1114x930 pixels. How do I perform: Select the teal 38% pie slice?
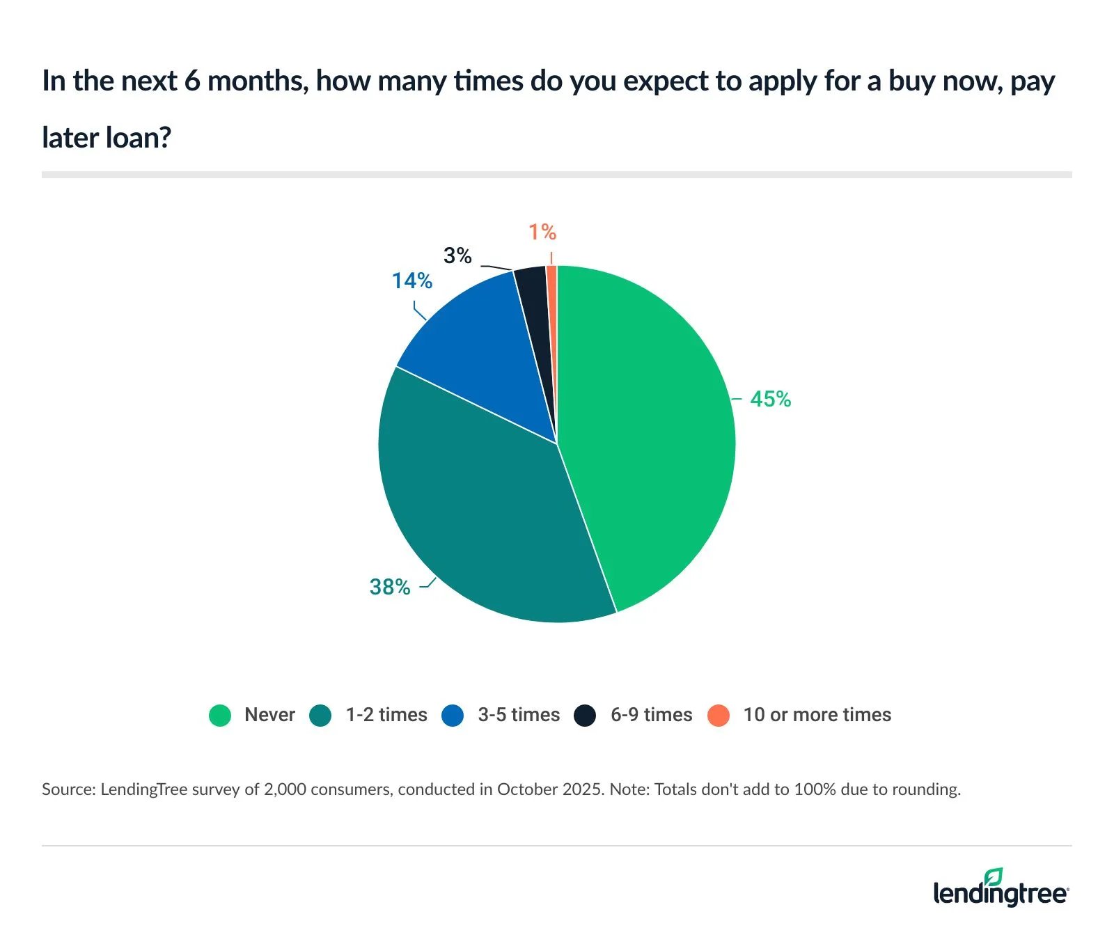coord(480,515)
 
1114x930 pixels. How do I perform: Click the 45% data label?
coord(770,400)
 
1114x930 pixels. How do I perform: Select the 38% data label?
coord(390,588)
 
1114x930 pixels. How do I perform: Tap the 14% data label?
coord(411,281)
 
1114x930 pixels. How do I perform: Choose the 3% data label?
coord(457,256)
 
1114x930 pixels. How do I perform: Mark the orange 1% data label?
coord(542,232)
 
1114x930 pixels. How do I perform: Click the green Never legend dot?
coord(220,716)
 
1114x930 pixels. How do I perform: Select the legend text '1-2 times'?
coord(386,715)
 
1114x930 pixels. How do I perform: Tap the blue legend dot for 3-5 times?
coord(453,716)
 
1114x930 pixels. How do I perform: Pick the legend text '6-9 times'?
coord(651,715)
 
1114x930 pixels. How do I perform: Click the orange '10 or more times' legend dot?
coord(718,716)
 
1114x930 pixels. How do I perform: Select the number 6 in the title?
coord(192,81)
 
